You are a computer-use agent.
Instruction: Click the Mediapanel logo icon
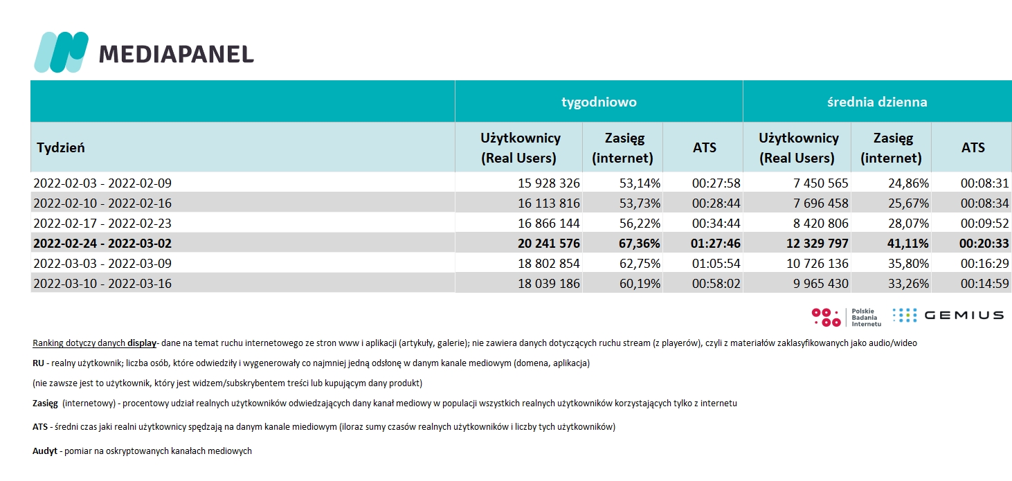tap(61, 52)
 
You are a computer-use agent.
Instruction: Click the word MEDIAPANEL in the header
tap(177, 54)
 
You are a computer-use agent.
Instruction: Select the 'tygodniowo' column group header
tap(599, 102)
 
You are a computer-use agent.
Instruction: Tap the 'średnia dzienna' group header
tap(877, 102)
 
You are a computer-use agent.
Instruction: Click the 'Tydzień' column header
tap(60, 147)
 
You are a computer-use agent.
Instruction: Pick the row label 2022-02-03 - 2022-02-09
tap(102, 183)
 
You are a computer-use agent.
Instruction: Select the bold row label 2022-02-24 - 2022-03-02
tap(102, 244)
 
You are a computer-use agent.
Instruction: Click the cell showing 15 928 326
tap(548, 183)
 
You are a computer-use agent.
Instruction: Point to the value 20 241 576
tap(548, 244)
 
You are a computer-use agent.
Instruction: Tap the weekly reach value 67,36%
tap(640, 244)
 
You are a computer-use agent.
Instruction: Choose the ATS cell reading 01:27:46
tap(716, 244)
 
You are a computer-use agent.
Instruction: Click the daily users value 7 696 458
tap(821, 203)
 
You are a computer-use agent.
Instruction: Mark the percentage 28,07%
tap(909, 223)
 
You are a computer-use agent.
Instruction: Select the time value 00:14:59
tap(984, 283)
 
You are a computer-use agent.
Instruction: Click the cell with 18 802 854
tap(548, 263)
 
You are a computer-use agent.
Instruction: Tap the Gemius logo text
tap(964, 316)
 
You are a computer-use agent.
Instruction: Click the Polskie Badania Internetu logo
tap(846, 317)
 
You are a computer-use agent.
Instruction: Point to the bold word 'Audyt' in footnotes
tap(45, 451)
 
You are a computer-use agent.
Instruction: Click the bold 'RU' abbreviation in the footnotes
tap(38, 363)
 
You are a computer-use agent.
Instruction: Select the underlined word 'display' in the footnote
tap(142, 343)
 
